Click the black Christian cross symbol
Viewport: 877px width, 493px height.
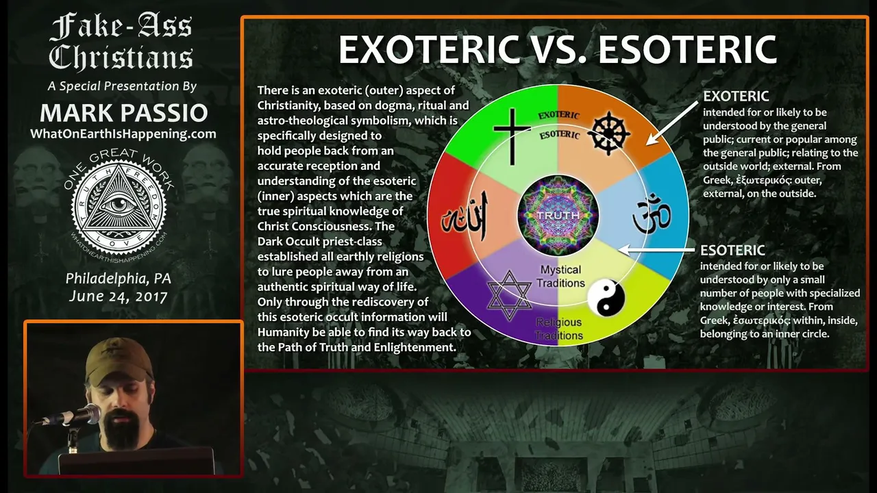pos(512,136)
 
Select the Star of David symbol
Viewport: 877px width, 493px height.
pos(509,295)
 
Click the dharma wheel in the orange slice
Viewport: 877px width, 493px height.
pos(609,133)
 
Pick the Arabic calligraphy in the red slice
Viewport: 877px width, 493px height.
pos(465,217)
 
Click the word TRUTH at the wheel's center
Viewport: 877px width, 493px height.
pos(558,215)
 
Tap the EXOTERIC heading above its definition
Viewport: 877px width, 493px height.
pos(736,96)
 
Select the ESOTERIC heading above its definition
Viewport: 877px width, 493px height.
pos(732,250)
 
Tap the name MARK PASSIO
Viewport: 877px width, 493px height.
pos(124,113)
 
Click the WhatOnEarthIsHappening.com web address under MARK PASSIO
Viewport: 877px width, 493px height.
pos(123,134)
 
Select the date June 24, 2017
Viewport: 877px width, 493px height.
pos(119,296)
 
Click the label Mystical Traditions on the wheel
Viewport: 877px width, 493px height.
pos(560,276)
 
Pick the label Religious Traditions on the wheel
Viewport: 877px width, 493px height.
pos(558,329)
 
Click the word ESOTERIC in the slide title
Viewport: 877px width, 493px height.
pos(688,49)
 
